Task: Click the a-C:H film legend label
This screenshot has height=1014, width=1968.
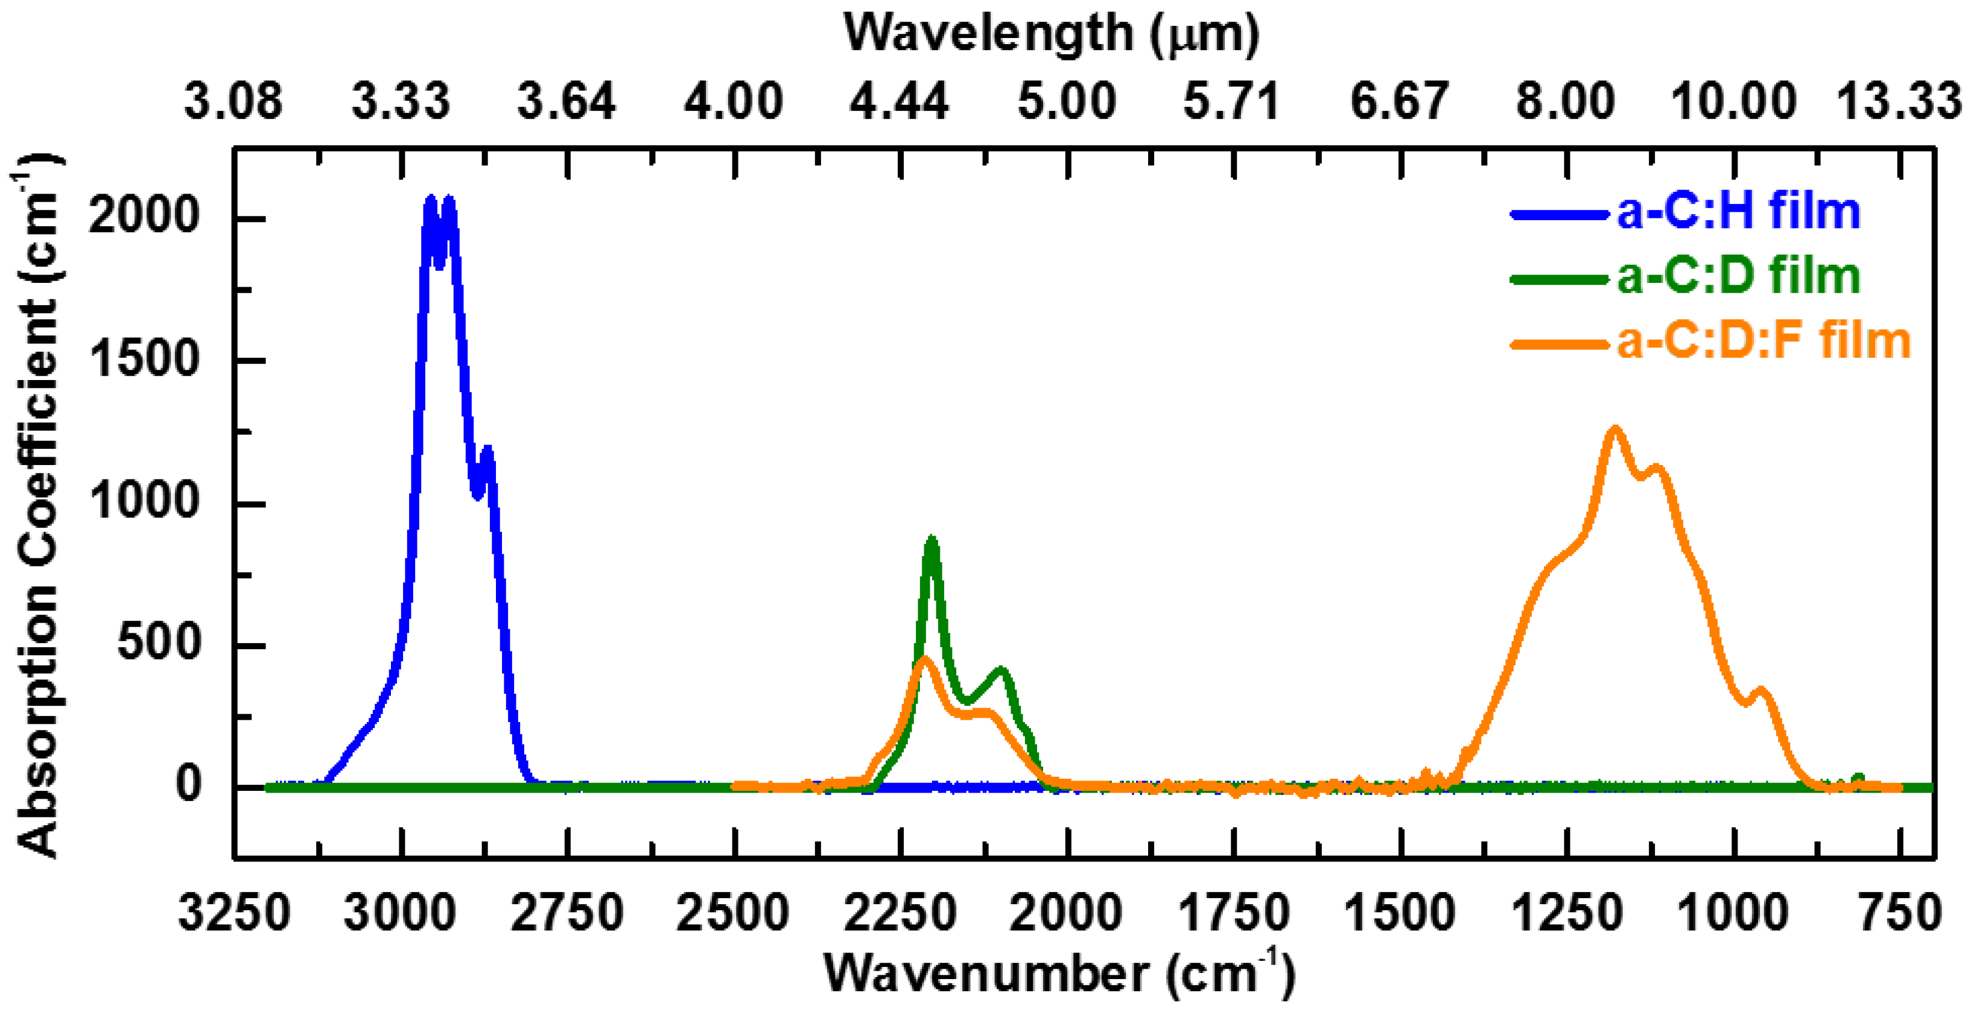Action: (x=1738, y=212)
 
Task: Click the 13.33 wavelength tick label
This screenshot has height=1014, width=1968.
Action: (x=1898, y=101)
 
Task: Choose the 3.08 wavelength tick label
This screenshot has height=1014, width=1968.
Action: (x=233, y=101)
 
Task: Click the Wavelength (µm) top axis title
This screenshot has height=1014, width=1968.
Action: (x=1051, y=34)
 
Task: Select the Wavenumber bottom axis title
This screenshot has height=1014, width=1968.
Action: (x=1059, y=974)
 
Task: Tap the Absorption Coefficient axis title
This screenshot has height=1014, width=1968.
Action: (x=37, y=504)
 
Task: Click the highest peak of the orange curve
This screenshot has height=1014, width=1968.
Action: (x=1615, y=429)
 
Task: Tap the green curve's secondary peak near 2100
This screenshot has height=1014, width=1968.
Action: (x=1001, y=670)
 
